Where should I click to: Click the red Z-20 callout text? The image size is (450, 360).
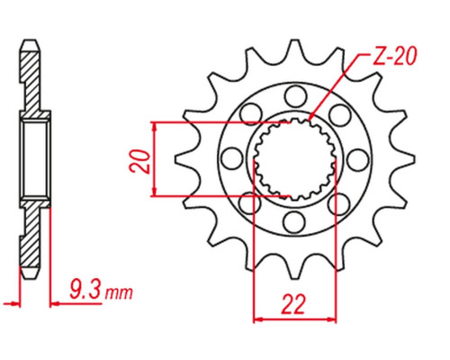pyautogui.click(x=394, y=57)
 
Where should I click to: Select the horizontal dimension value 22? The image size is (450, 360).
pyautogui.click(x=293, y=304)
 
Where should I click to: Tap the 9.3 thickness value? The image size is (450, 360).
pyautogui.click(x=85, y=290)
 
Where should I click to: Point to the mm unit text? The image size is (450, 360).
pyautogui.click(x=119, y=293)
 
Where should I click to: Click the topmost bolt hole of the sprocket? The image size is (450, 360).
pyautogui.click(x=296, y=96)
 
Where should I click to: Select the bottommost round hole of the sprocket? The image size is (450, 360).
pyautogui.click(x=294, y=222)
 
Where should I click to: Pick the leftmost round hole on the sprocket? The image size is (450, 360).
pyautogui.click(x=232, y=158)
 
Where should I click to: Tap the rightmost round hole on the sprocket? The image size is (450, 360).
pyautogui.click(x=358, y=159)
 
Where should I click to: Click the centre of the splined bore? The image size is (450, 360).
pyautogui.click(x=295, y=159)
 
